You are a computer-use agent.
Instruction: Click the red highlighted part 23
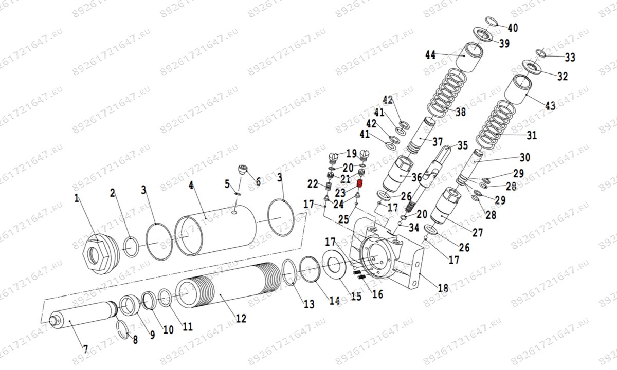pos(360,183)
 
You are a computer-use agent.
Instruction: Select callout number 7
pos(85,349)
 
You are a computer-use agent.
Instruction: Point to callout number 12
pos(241,319)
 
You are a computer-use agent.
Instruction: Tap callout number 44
pos(430,54)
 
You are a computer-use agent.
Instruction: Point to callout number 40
pos(513,27)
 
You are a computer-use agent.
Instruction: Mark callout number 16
pos(377,294)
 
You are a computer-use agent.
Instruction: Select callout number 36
pos(416,177)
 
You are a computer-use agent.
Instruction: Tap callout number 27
pos(478,233)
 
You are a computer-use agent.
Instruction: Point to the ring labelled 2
pos(131,246)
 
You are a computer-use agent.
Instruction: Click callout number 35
pos(463,145)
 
